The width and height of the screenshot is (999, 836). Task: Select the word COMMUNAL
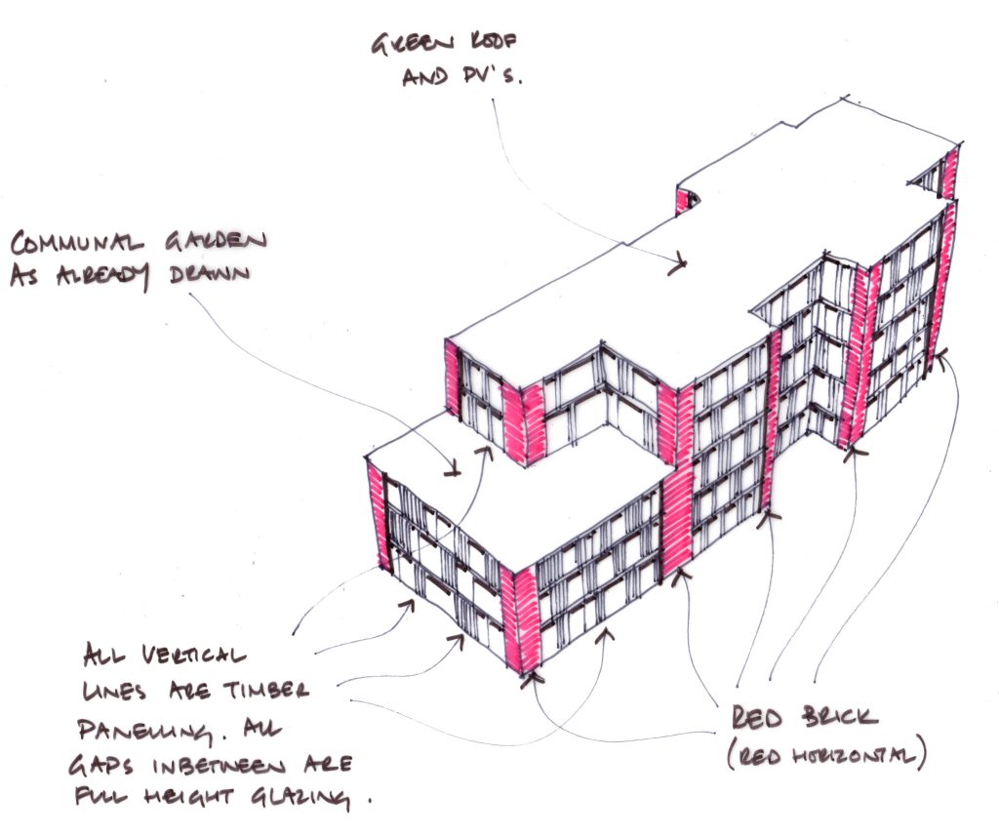pyautogui.click(x=74, y=242)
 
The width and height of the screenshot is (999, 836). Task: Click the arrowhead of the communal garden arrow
pyautogui.click(x=454, y=472)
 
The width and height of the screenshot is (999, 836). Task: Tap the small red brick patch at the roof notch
pyautogui.click(x=680, y=201)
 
